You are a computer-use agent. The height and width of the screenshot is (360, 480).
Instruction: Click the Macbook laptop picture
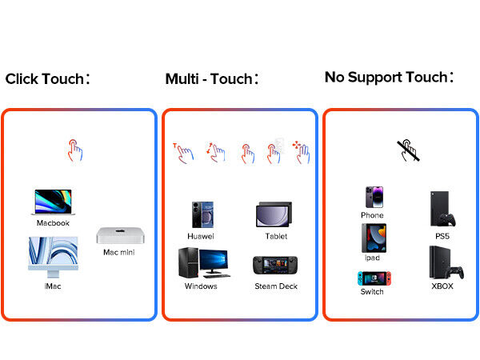click(x=53, y=202)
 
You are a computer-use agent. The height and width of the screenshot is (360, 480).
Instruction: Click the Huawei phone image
click(x=201, y=214)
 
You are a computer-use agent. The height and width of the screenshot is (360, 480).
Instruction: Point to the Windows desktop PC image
click(x=202, y=262)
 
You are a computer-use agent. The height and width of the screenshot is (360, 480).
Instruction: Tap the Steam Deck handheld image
click(x=276, y=265)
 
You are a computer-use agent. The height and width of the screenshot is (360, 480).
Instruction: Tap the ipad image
click(x=372, y=238)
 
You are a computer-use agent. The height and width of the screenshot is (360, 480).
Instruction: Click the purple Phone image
click(x=372, y=198)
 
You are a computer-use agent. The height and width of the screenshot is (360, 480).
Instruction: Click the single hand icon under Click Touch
click(x=75, y=150)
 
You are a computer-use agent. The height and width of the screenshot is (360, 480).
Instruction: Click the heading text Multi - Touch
click(x=212, y=79)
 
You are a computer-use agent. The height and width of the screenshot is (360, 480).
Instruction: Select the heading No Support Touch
click(x=389, y=77)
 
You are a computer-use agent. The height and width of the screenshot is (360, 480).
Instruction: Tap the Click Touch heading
click(x=48, y=79)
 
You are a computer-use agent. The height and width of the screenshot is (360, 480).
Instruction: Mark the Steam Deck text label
click(x=276, y=286)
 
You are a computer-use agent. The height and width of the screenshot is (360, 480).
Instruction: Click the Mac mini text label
click(x=118, y=253)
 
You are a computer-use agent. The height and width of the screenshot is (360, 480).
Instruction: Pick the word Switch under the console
click(x=372, y=292)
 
